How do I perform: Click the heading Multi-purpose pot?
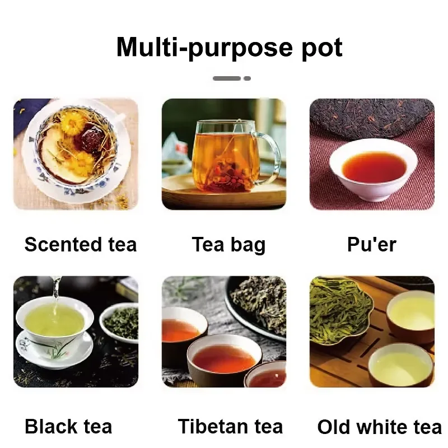(x=230, y=48)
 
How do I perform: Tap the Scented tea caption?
(x=81, y=245)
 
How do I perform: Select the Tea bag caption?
(x=228, y=245)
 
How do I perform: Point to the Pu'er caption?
(x=372, y=245)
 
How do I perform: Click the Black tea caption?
(x=68, y=426)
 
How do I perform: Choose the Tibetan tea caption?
(x=230, y=426)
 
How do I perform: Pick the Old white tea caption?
(x=380, y=427)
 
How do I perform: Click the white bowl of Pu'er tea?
(x=373, y=170)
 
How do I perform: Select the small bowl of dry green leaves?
(x=119, y=323)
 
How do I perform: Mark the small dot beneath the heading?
(x=247, y=78)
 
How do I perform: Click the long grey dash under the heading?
(x=227, y=78)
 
